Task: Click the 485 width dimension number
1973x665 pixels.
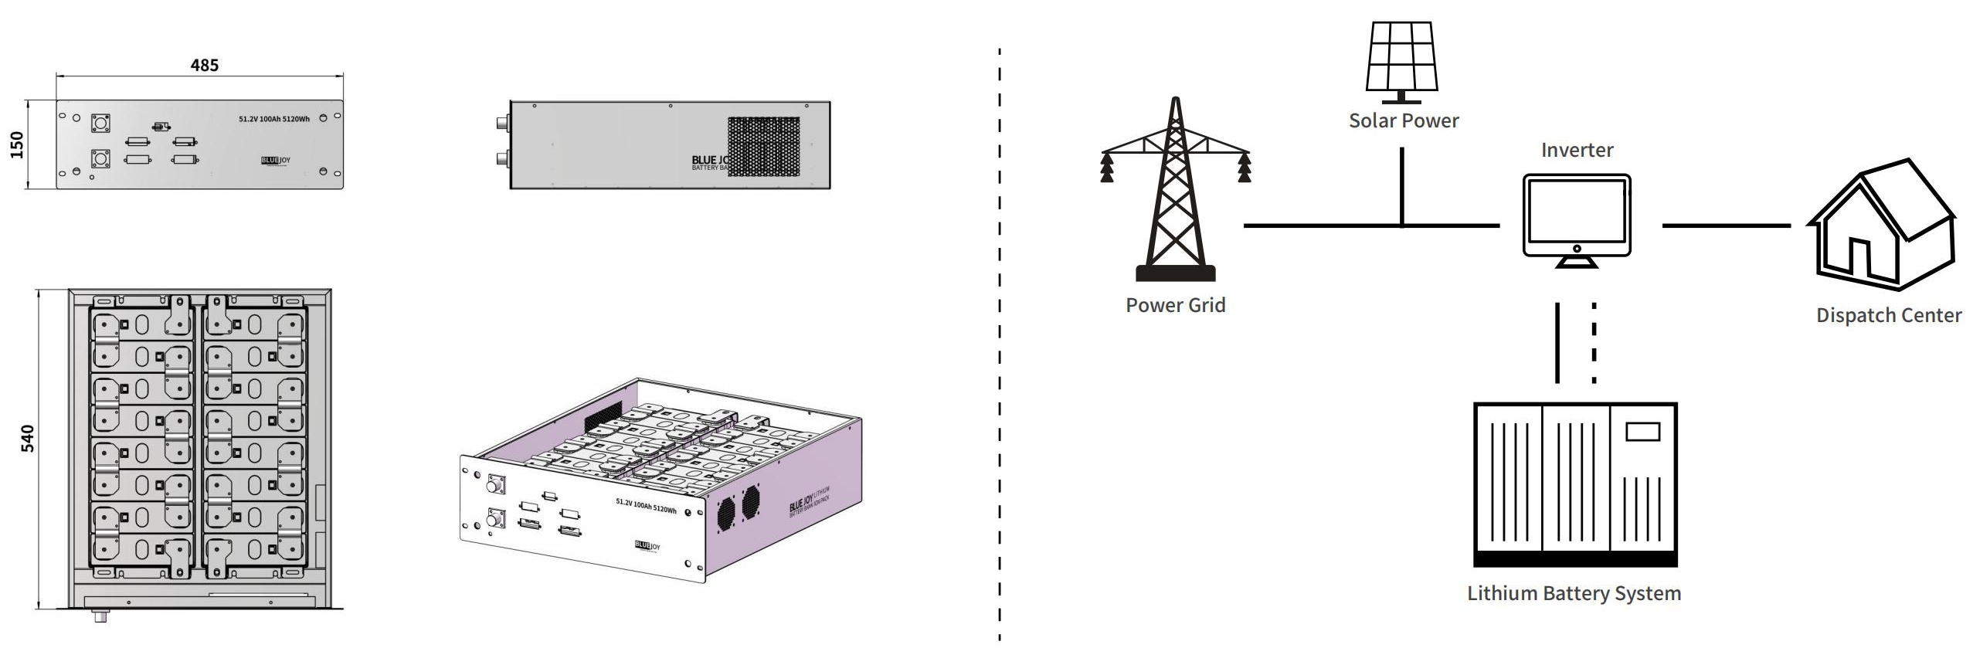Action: [205, 66]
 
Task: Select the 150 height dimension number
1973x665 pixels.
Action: [17, 144]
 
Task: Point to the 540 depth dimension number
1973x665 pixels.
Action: [27, 438]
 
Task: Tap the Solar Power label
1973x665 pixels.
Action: [1404, 121]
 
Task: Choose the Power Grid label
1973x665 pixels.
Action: [1175, 305]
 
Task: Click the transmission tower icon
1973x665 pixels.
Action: [1175, 189]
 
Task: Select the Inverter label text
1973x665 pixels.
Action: [1577, 151]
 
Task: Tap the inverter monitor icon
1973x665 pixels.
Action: [1577, 219]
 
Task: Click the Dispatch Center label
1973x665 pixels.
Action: [1888, 315]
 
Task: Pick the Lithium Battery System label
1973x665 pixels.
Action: [1574, 593]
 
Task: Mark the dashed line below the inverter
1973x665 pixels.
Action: [1594, 342]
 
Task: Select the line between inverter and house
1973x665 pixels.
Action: [1726, 226]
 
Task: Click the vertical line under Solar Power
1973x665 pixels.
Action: [1402, 185]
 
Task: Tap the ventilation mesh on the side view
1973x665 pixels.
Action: [763, 146]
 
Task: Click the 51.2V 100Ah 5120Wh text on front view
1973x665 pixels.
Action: [274, 119]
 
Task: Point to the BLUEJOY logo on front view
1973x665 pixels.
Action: [276, 161]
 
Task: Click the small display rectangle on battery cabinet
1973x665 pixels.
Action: [1642, 431]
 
